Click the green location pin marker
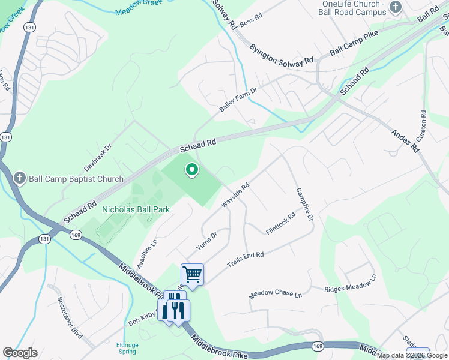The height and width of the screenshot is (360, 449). pyautogui.click(x=192, y=171)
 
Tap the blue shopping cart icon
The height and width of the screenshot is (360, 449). pyautogui.click(x=192, y=275)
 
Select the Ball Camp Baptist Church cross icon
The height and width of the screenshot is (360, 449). pyautogui.click(x=20, y=178)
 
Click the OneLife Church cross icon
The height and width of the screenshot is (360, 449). pyautogui.click(x=395, y=7)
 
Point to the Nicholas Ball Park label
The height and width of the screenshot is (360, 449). pyautogui.click(x=136, y=209)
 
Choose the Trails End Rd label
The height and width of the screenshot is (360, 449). pyautogui.click(x=245, y=260)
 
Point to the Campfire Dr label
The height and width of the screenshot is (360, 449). pyautogui.click(x=304, y=204)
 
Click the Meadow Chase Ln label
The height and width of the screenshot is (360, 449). pyautogui.click(x=276, y=294)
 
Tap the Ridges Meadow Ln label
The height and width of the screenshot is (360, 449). pyautogui.click(x=350, y=283)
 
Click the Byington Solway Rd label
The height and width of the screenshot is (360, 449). pyautogui.click(x=282, y=54)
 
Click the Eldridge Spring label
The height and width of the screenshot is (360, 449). pyautogui.click(x=127, y=348)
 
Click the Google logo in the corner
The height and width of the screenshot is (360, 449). pyautogui.click(x=20, y=353)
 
